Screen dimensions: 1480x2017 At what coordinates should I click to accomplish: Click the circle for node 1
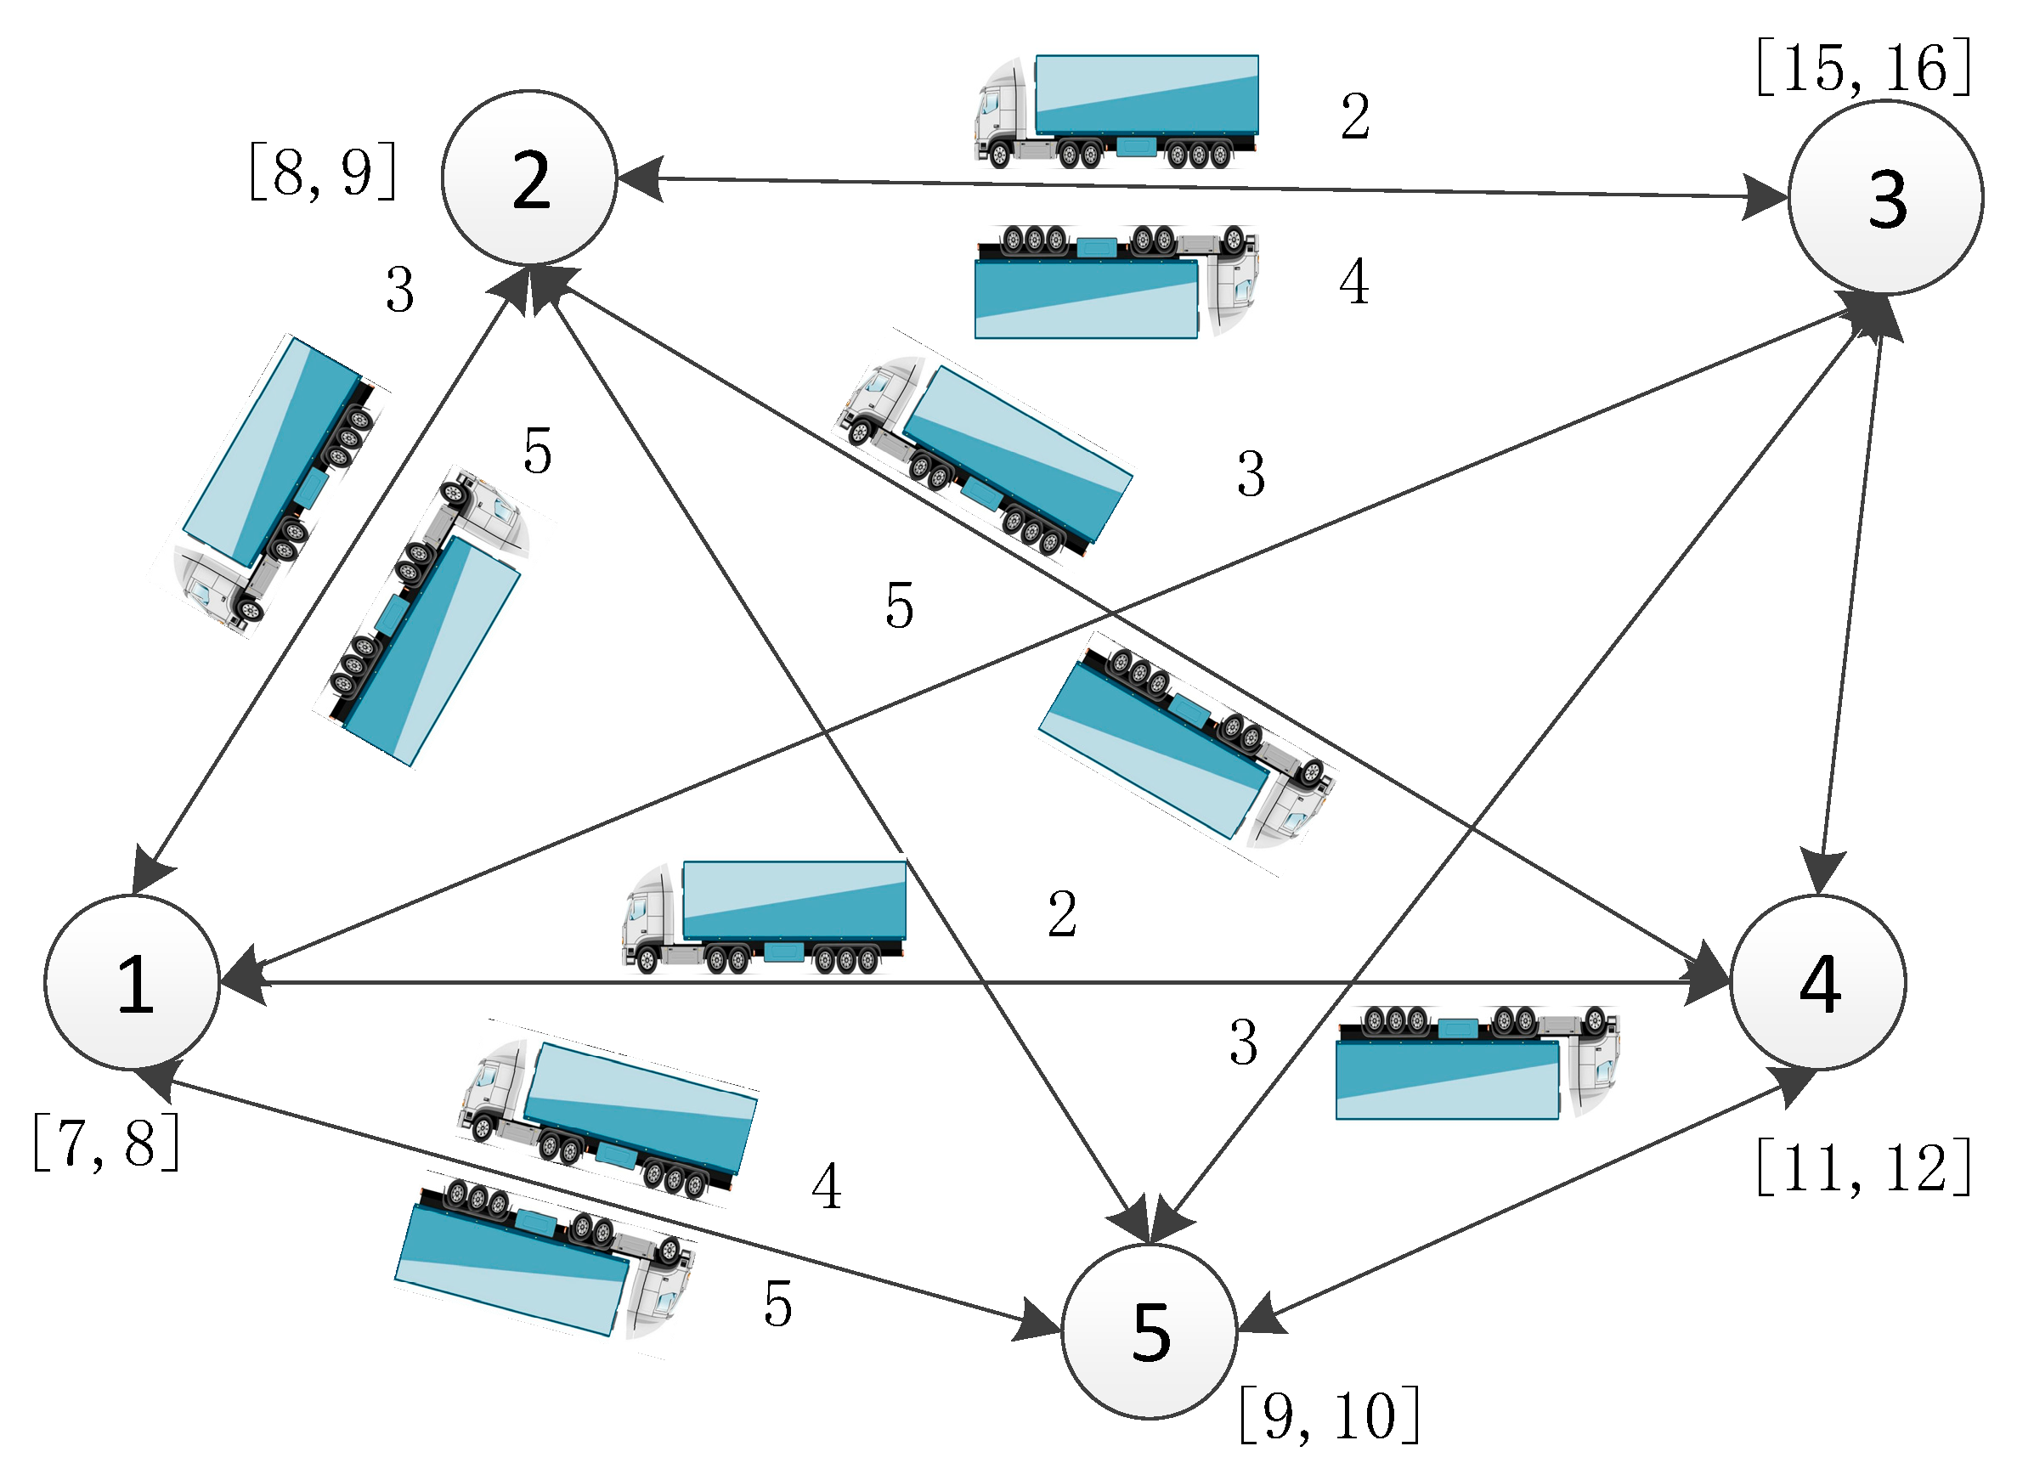pyautogui.click(x=133, y=983)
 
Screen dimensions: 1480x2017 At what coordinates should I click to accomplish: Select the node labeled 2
pyautogui.click(x=529, y=178)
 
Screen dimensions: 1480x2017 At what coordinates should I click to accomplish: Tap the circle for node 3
pyautogui.click(x=1885, y=198)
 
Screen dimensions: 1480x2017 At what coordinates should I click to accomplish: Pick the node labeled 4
pyautogui.click(x=1818, y=983)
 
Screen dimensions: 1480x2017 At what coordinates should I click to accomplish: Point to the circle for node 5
pyautogui.click(x=1150, y=1331)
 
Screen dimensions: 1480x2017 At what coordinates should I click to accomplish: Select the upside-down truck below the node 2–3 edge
pyautogui.click(x=1116, y=281)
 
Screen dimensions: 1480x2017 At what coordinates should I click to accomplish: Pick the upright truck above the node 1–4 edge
pyautogui.click(x=764, y=918)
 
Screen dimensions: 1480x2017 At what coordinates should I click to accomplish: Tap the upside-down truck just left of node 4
pyautogui.click(x=1477, y=1064)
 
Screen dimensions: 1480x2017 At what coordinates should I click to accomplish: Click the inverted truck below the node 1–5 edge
pyautogui.click(x=544, y=1261)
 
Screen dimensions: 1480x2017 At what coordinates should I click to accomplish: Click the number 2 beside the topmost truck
pyautogui.click(x=1354, y=116)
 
